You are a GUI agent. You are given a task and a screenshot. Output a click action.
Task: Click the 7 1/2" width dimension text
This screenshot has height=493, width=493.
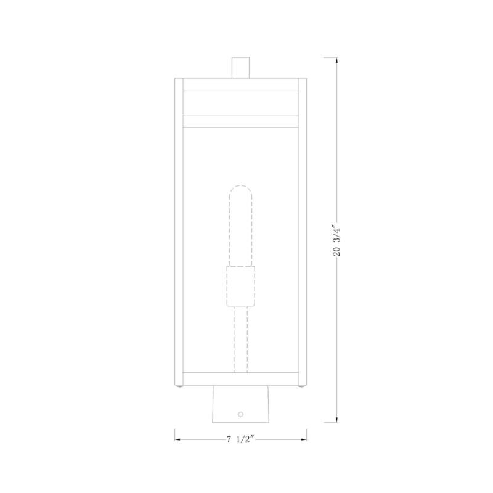click(x=240, y=440)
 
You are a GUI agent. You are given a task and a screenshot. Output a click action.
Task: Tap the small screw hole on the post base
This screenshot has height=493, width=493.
click(x=241, y=415)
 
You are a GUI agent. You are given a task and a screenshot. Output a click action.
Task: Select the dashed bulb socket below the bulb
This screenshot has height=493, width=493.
click(x=240, y=287)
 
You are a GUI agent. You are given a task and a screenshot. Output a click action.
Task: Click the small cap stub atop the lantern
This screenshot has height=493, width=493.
click(x=240, y=68)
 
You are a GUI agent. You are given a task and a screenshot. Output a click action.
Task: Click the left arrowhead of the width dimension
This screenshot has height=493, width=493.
click(x=178, y=440)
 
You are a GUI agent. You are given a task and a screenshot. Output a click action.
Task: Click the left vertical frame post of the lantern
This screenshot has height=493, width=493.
click(x=179, y=234)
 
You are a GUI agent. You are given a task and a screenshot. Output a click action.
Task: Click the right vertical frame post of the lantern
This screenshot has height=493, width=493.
click(x=302, y=234)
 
